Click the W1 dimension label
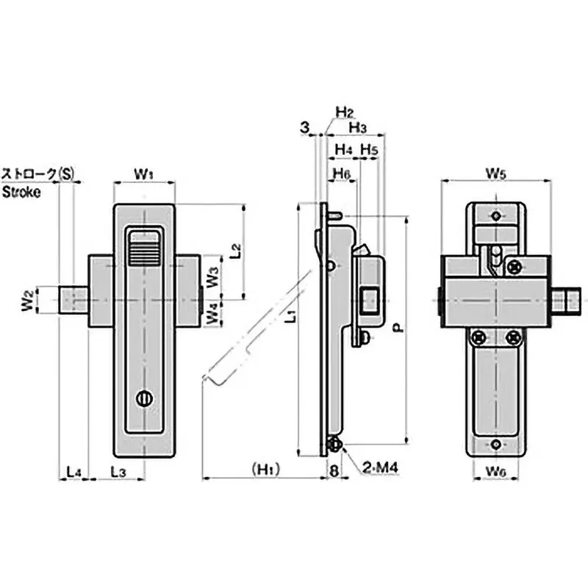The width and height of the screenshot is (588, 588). click(143, 173)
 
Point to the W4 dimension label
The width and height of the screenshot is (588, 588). click(212, 313)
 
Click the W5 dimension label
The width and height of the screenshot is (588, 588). click(496, 173)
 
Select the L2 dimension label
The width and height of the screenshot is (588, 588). click(234, 250)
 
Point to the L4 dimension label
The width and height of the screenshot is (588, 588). click(73, 470)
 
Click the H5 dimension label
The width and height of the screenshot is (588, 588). click(369, 150)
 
